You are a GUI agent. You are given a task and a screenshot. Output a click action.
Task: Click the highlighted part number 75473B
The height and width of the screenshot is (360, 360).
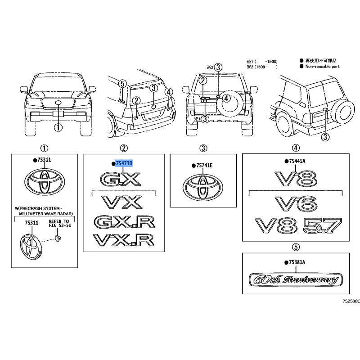point(124,163)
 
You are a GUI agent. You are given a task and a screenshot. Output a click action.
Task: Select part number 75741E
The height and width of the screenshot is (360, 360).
point(204,165)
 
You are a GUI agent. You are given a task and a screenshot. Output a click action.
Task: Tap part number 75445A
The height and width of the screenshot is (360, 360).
point(297,161)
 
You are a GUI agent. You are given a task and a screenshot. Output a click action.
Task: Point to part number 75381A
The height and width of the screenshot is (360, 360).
point(297,262)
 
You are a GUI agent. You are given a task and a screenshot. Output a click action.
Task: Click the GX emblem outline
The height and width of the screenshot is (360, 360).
point(120,179)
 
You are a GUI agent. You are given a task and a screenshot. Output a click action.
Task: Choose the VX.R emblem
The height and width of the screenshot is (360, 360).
point(123,240)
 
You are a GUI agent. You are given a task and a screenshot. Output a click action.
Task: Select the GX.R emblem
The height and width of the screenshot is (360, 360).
point(124,222)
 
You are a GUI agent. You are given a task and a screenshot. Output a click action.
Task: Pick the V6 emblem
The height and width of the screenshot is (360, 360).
point(296,204)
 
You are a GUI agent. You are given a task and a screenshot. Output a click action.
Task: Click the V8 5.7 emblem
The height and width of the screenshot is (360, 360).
point(298,225)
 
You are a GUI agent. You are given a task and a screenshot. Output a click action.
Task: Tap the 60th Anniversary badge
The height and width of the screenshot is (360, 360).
point(296,280)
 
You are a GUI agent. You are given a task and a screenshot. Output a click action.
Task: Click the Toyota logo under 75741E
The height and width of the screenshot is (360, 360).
point(203,188)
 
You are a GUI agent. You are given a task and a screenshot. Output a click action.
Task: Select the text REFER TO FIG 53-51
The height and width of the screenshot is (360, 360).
point(60,223)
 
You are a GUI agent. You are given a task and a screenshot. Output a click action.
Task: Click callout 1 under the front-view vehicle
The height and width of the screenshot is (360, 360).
point(58,128)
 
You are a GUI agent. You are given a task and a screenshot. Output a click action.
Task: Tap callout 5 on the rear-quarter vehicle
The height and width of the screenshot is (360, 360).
point(122,84)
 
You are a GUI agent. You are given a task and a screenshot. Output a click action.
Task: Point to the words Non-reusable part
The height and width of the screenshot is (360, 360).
point(322,66)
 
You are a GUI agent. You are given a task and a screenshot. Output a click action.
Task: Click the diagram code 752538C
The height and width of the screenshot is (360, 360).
point(351,301)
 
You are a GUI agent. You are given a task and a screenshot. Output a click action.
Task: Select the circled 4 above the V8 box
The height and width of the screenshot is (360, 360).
point(296,148)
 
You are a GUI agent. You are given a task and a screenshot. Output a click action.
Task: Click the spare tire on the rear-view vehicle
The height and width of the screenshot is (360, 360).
point(231,105)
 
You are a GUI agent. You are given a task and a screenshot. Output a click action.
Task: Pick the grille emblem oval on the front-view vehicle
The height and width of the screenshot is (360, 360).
point(58,103)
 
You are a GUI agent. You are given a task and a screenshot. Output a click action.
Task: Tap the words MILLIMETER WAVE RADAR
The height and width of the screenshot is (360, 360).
point(46,214)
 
